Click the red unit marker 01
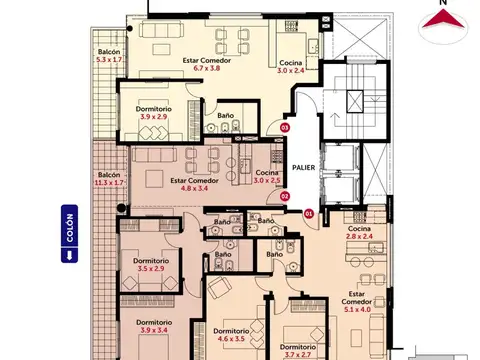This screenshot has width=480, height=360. point(308,213)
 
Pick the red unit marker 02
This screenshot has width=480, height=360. point(284,197)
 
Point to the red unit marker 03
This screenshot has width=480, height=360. point(284,128)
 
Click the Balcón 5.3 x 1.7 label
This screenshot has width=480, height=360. point(110,56)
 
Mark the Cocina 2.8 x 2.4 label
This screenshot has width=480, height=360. point(360,234)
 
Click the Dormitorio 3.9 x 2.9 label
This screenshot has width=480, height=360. point(152,112)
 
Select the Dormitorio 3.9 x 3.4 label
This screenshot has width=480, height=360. point(155,326)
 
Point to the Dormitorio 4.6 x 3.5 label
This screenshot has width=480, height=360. point(231,335)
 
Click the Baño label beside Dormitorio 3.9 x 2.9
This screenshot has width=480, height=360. point(226,116)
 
